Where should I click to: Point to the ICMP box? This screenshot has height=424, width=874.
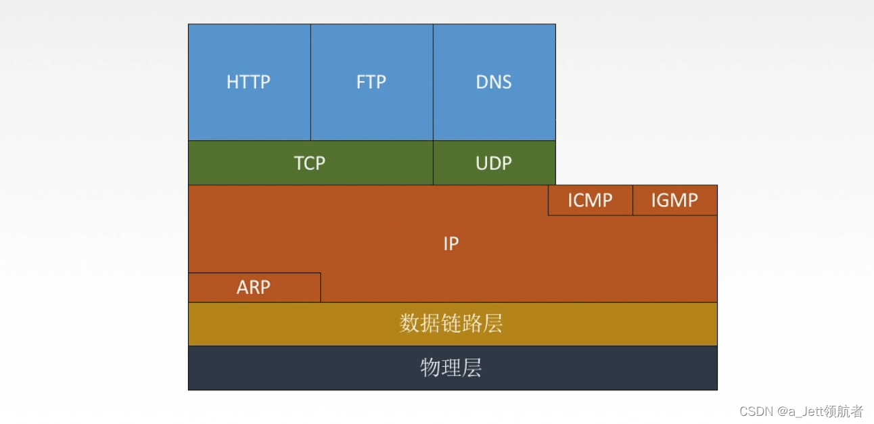pyautogui.click(x=590, y=200)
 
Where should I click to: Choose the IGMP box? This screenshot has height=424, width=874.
pyautogui.click(x=674, y=200)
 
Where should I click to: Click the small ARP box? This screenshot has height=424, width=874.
pyautogui.click(x=254, y=287)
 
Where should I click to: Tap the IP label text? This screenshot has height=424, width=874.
pyautogui.click(x=451, y=243)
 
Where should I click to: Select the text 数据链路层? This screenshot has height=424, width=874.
pyautogui.click(x=451, y=324)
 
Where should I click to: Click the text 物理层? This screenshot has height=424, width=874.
pyautogui.click(x=451, y=368)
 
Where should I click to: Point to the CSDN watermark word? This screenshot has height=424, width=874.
pyautogui.click(x=756, y=411)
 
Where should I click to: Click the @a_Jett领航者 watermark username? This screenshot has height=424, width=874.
pyautogui.click(x=820, y=411)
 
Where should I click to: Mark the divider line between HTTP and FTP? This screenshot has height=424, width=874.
pyautogui.click(x=310, y=82)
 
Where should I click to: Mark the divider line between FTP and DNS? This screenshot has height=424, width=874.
pyautogui.click(x=433, y=82)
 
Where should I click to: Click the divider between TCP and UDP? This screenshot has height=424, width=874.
pyautogui.click(x=433, y=163)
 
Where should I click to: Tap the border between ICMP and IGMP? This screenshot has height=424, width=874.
pyautogui.click(x=632, y=200)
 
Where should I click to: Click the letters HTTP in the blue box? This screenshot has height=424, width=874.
pyautogui.click(x=249, y=82)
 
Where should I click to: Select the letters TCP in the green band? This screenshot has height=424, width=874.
pyautogui.click(x=310, y=163)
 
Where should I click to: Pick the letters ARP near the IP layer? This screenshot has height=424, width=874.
pyautogui.click(x=254, y=287)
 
